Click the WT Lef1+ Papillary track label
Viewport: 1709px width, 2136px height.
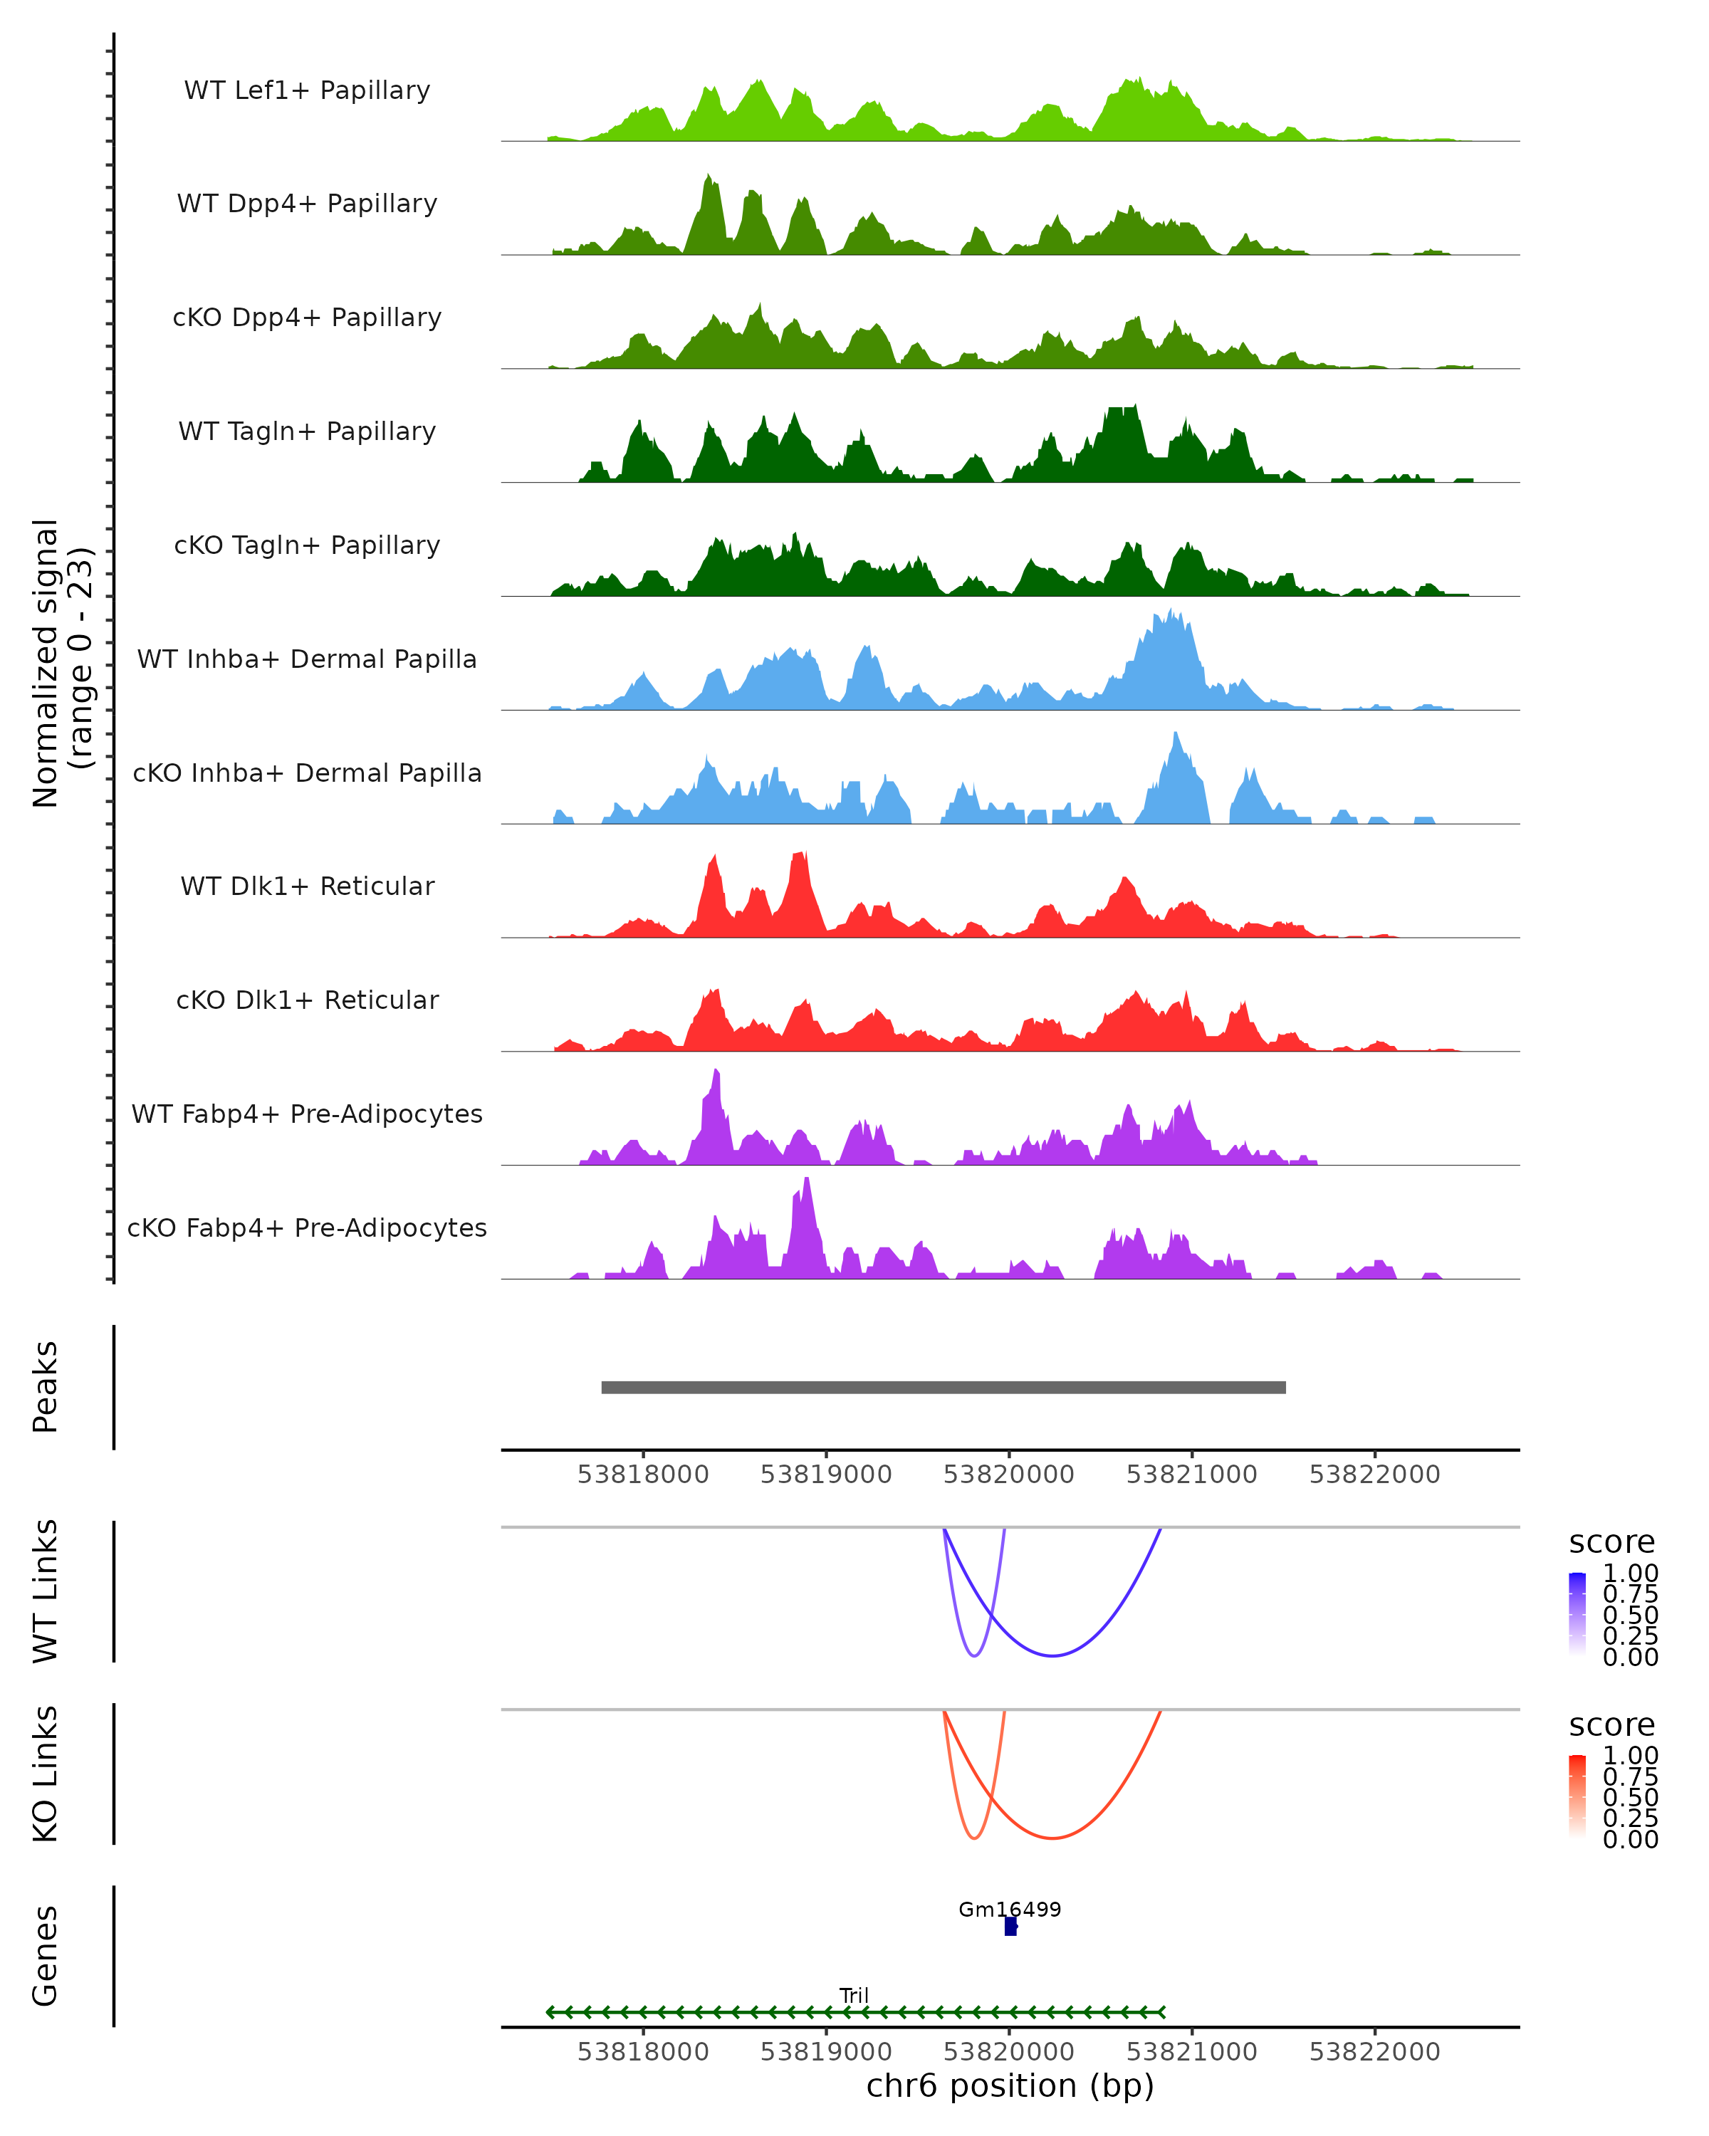307,90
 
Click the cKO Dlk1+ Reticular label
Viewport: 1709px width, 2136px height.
307,1000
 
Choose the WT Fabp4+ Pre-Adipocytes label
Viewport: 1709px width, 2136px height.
307,1114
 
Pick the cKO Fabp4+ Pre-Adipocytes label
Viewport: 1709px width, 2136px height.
307,1227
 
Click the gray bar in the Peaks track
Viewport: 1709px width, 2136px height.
944,1387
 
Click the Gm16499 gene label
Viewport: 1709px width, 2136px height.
1010,1909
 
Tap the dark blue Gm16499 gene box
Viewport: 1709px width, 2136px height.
1010,1927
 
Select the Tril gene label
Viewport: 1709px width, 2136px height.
854,1995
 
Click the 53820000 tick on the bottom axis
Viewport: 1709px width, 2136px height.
1008,2052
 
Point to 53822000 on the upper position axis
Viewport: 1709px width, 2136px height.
1374,1475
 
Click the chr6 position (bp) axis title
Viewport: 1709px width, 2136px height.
1010,2086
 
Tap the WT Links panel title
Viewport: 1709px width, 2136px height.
46,1591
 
